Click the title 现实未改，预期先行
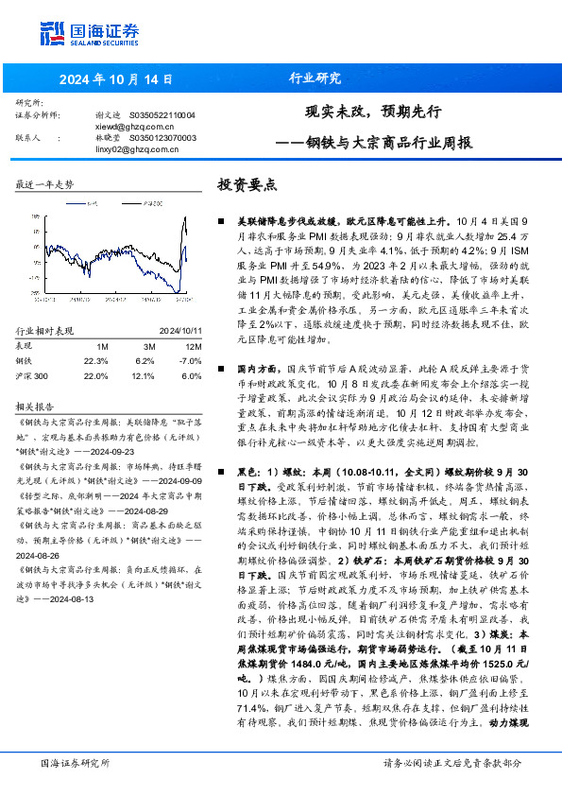(x=374, y=111)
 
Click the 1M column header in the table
(x=102, y=346)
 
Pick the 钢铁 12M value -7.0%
(x=190, y=360)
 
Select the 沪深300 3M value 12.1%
(x=145, y=375)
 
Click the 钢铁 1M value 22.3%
(x=96, y=360)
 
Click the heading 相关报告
(x=39, y=405)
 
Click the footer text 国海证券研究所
(x=75, y=761)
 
